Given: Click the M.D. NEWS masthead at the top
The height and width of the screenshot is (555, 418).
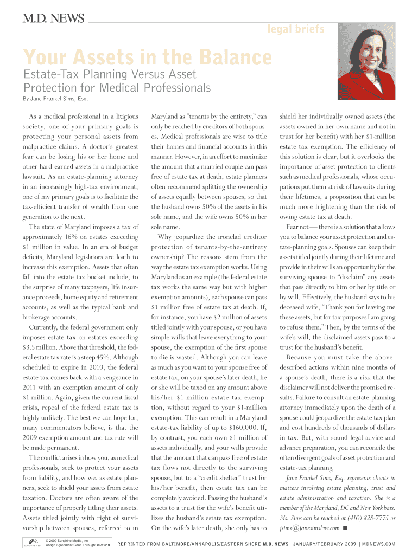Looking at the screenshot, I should point(53,20).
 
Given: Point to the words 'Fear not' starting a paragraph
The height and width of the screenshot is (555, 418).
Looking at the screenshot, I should point(297,227).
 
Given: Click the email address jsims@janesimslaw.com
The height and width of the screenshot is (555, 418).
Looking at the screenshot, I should point(309,527).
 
